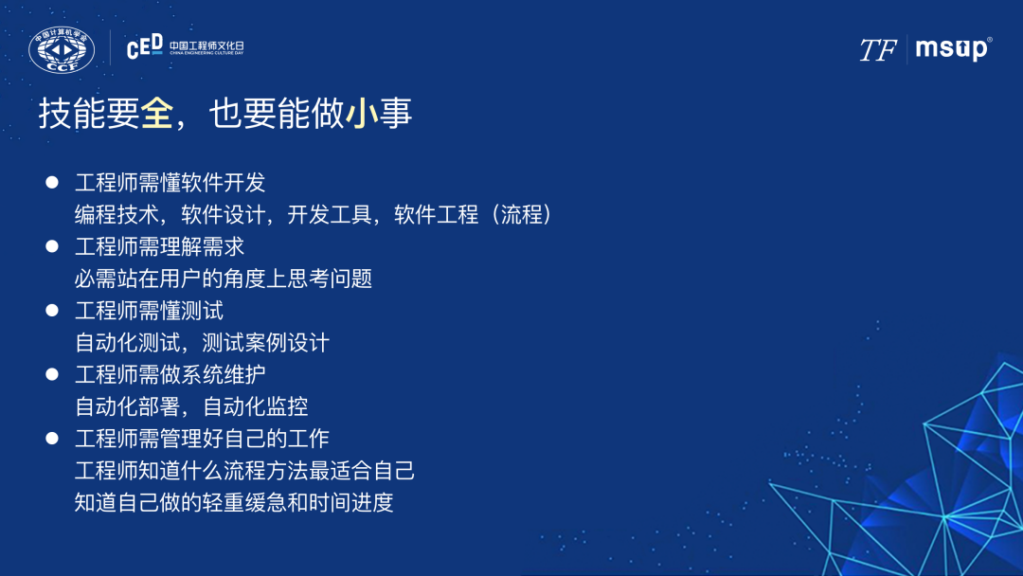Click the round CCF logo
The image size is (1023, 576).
(x=62, y=49)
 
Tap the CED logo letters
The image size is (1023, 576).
(x=145, y=46)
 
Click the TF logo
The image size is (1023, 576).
(x=877, y=50)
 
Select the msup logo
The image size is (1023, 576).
(x=953, y=49)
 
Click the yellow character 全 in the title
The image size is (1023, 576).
(x=157, y=113)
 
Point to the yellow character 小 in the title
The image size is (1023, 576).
(x=362, y=113)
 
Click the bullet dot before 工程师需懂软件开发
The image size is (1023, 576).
(x=52, y=182)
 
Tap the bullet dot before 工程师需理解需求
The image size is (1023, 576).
(x=52, y=246)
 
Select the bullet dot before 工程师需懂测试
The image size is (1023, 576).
(x=52, y=310)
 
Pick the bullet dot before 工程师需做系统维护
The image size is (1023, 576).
(x=52, y=374)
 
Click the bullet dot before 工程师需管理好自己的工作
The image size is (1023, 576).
(x=52, y=438)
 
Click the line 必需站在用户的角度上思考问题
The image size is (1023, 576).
(x=224, y=279)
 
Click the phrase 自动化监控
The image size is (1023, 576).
(x=256, y=406)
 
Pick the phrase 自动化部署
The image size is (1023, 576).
(x=127, y=406)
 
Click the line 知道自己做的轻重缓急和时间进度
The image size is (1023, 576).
(x=234, y=502)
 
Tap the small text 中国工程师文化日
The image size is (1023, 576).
(x=206, y=45)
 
